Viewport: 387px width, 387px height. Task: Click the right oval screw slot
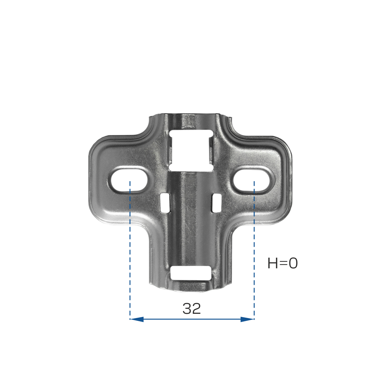(251, 180)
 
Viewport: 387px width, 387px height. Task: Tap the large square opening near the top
(191, 151)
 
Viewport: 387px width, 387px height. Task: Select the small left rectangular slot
(165, 203)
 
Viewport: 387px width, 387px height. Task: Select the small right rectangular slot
(217, 203)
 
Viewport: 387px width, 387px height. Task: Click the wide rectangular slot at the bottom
(191, 273)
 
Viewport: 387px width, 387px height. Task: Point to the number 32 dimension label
(192, 309)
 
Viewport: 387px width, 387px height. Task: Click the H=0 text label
(283, 263)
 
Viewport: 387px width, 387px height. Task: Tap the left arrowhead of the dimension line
(137, 319)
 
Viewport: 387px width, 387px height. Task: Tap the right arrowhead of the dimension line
(247, 319)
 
